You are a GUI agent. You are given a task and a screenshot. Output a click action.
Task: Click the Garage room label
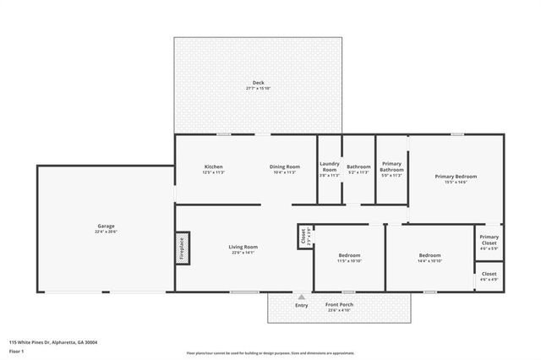pyautogui.click(x=106, y=226)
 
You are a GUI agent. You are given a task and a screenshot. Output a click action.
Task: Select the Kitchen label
pyautogui.click(x=213, y=166)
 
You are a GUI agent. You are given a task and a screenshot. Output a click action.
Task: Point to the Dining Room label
pyautogui.click(x=285, y=166)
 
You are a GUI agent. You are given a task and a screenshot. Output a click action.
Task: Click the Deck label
pyautogui.click(x=258, y=83)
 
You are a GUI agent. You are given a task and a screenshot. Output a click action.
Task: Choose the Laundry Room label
pyautogui.click(x=329, y=166)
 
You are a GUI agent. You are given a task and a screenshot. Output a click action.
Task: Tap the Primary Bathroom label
pyautogui.click(x=391, y=166)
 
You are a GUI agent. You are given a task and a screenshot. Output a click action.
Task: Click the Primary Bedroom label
pyautogui.click(x=456, y=176)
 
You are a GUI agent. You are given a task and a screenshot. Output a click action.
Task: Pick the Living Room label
pyautogui.click(x=243, y=247)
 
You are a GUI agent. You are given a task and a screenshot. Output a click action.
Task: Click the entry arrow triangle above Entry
pyautogui.click(x=301, y=297)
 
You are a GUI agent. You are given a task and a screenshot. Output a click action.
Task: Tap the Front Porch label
pyautogui.click(x=340, y=304)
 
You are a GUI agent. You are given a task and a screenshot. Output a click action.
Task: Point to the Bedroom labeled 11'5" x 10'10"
pyautogui.click(x=350, y=255)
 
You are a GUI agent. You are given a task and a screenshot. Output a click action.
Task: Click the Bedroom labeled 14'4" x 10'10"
pyautogui.click(x=429, y=255)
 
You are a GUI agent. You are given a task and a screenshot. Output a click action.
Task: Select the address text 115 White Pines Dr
pyautogui.click(x=52, y=342)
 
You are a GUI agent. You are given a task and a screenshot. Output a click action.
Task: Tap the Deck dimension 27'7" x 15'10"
pyautogui.click(x=258, y=89)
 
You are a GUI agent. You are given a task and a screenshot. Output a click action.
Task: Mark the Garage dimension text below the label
pyautogui.click(x=106, y=232)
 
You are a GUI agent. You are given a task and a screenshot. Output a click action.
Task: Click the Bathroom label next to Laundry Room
pyautogui.click(x=358, y=166)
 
